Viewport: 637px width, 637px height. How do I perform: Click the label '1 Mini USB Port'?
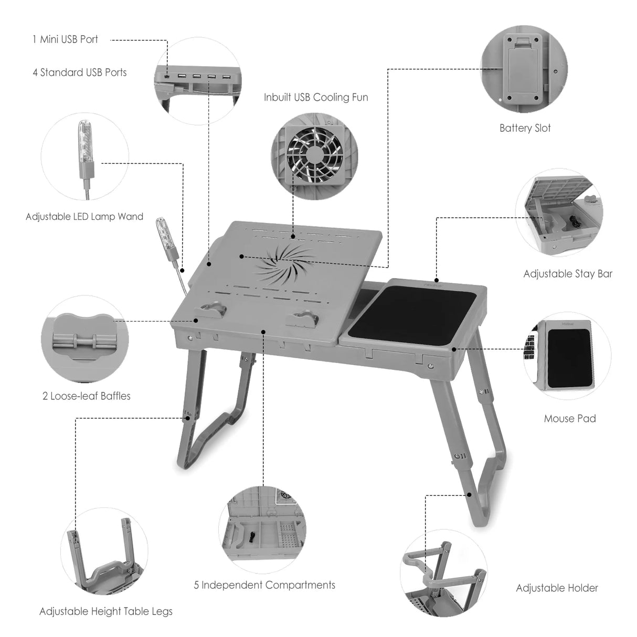65,39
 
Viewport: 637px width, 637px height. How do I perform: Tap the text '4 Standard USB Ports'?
79,72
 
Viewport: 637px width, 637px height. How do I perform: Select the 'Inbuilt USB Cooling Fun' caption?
316,97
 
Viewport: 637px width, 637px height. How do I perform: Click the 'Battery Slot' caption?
525,128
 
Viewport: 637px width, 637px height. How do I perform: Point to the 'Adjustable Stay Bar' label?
568,274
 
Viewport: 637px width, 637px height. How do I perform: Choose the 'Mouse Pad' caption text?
570,419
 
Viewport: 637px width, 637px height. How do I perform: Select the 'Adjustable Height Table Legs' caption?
106,611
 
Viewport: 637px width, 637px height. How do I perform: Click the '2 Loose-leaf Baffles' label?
87,396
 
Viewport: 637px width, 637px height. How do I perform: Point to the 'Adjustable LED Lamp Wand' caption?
84,217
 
